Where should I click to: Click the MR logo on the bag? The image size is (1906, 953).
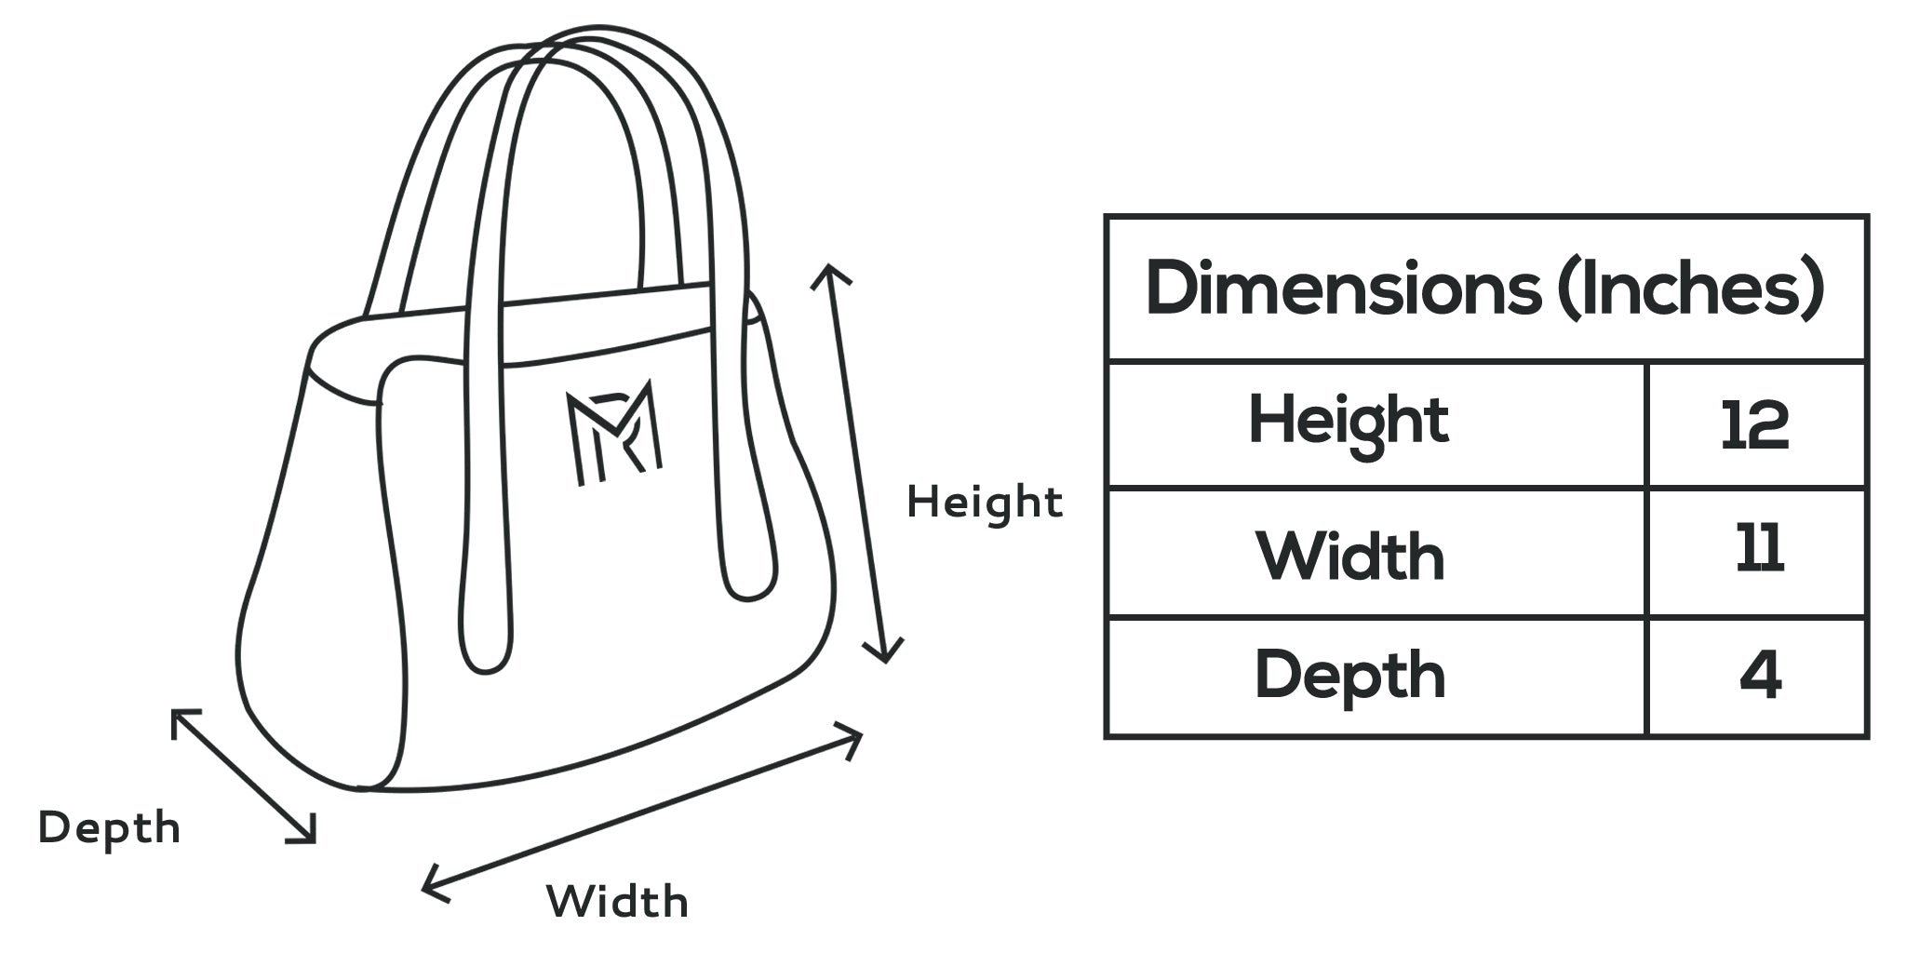613,432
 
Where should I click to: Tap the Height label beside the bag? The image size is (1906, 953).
985,503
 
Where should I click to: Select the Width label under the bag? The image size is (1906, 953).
617,902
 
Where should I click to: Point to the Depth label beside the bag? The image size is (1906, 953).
109,828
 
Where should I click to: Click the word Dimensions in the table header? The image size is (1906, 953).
1343,289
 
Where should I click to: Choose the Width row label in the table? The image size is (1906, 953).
1350,557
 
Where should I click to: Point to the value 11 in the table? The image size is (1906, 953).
1759,549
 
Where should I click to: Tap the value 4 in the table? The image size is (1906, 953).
1760,677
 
